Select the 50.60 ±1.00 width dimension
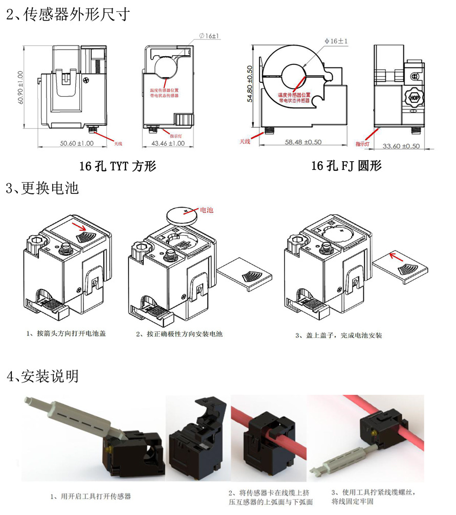click(77, 144)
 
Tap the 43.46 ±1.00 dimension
click(167, 144)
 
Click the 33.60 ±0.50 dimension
click(401, 146)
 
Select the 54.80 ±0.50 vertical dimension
click(250, 83)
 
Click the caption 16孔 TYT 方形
click(118, 166)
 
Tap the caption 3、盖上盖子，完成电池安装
click(339, 335)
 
